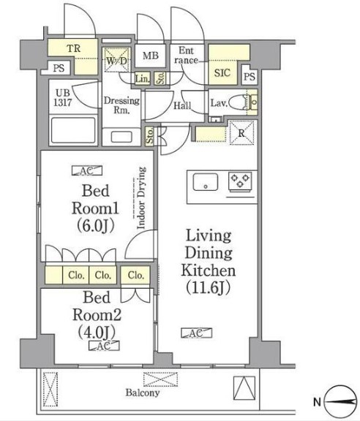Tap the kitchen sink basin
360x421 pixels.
pos(206,182)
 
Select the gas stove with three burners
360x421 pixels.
pos(240,181)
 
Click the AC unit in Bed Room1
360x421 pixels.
pos(87,170)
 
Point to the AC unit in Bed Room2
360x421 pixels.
pos(104,346)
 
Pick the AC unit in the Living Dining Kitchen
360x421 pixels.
pos(197,333)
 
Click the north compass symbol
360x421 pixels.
pos(340,402)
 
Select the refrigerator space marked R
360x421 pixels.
pos(241,133)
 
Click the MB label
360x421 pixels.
pos(151,56)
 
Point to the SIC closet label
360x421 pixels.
pos(222,73)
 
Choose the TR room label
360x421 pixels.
pos(73,48)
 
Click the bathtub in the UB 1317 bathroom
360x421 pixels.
pos(73,130)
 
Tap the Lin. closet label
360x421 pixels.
pos(143,79)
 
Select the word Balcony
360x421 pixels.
pos(143,392)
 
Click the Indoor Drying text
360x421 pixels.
pos(141,198)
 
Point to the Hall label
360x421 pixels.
pos(182,105)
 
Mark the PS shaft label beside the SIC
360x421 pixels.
pos(250,77)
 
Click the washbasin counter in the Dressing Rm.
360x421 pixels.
pos(121,137)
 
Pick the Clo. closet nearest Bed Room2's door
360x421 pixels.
pos(135,275)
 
